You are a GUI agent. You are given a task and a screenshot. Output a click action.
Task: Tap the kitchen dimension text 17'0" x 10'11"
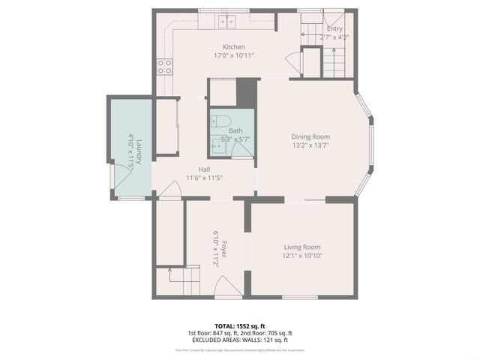233,55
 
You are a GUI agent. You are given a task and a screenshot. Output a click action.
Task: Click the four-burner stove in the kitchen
163,67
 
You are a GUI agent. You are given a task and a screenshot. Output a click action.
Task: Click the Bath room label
235,130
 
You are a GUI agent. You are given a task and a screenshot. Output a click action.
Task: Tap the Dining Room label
310,136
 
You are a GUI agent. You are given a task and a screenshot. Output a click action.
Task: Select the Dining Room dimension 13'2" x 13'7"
310,145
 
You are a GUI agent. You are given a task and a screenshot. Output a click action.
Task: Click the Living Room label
302,247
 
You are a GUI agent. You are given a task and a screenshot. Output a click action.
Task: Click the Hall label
204,169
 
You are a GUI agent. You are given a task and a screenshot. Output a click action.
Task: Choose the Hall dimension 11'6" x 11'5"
204,178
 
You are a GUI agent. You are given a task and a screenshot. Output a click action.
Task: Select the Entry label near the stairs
334,28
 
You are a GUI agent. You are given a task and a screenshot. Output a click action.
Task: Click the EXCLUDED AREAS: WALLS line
240,340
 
